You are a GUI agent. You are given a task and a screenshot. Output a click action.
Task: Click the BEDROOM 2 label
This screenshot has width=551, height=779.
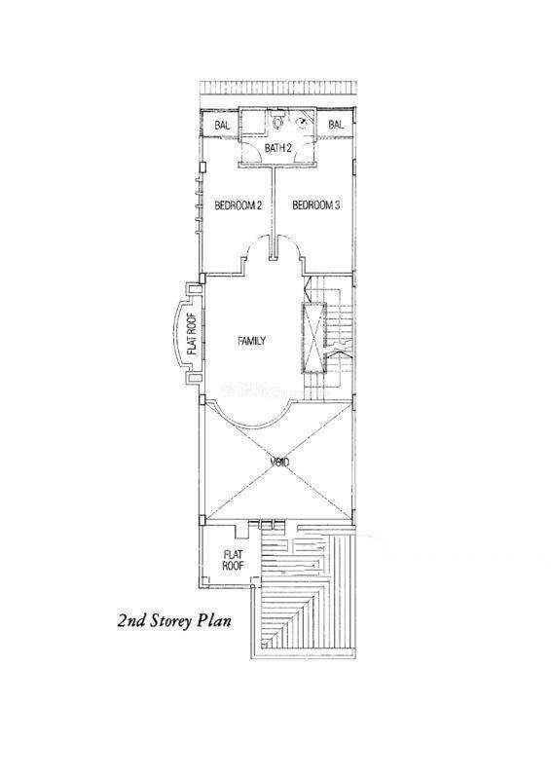point(238,205)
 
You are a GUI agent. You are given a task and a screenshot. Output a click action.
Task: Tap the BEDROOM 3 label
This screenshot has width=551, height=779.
point(316,205)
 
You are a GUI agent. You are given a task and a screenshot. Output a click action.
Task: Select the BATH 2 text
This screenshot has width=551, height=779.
point(277,148)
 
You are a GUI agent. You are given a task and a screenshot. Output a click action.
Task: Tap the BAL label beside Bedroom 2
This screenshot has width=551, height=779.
point(222,126)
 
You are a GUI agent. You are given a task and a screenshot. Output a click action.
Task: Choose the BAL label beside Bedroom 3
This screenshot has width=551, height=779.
point(336,125)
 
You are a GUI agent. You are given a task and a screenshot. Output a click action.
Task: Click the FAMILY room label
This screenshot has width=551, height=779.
point(251,341)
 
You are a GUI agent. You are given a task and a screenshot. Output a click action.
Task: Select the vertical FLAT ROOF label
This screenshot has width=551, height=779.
point(191,334)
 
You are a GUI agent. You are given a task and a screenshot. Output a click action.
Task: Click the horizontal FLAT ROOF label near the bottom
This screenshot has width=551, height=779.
point(233,560)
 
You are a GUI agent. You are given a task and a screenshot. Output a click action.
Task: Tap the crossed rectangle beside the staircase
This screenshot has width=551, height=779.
point(312,337)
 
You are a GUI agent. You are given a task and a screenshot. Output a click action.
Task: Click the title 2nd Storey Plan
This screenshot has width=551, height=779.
point(174,620)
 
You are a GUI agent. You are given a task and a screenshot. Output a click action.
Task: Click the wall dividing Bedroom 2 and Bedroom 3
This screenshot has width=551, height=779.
point(274,213)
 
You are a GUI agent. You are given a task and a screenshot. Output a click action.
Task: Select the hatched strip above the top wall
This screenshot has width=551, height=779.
point(277,87)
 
